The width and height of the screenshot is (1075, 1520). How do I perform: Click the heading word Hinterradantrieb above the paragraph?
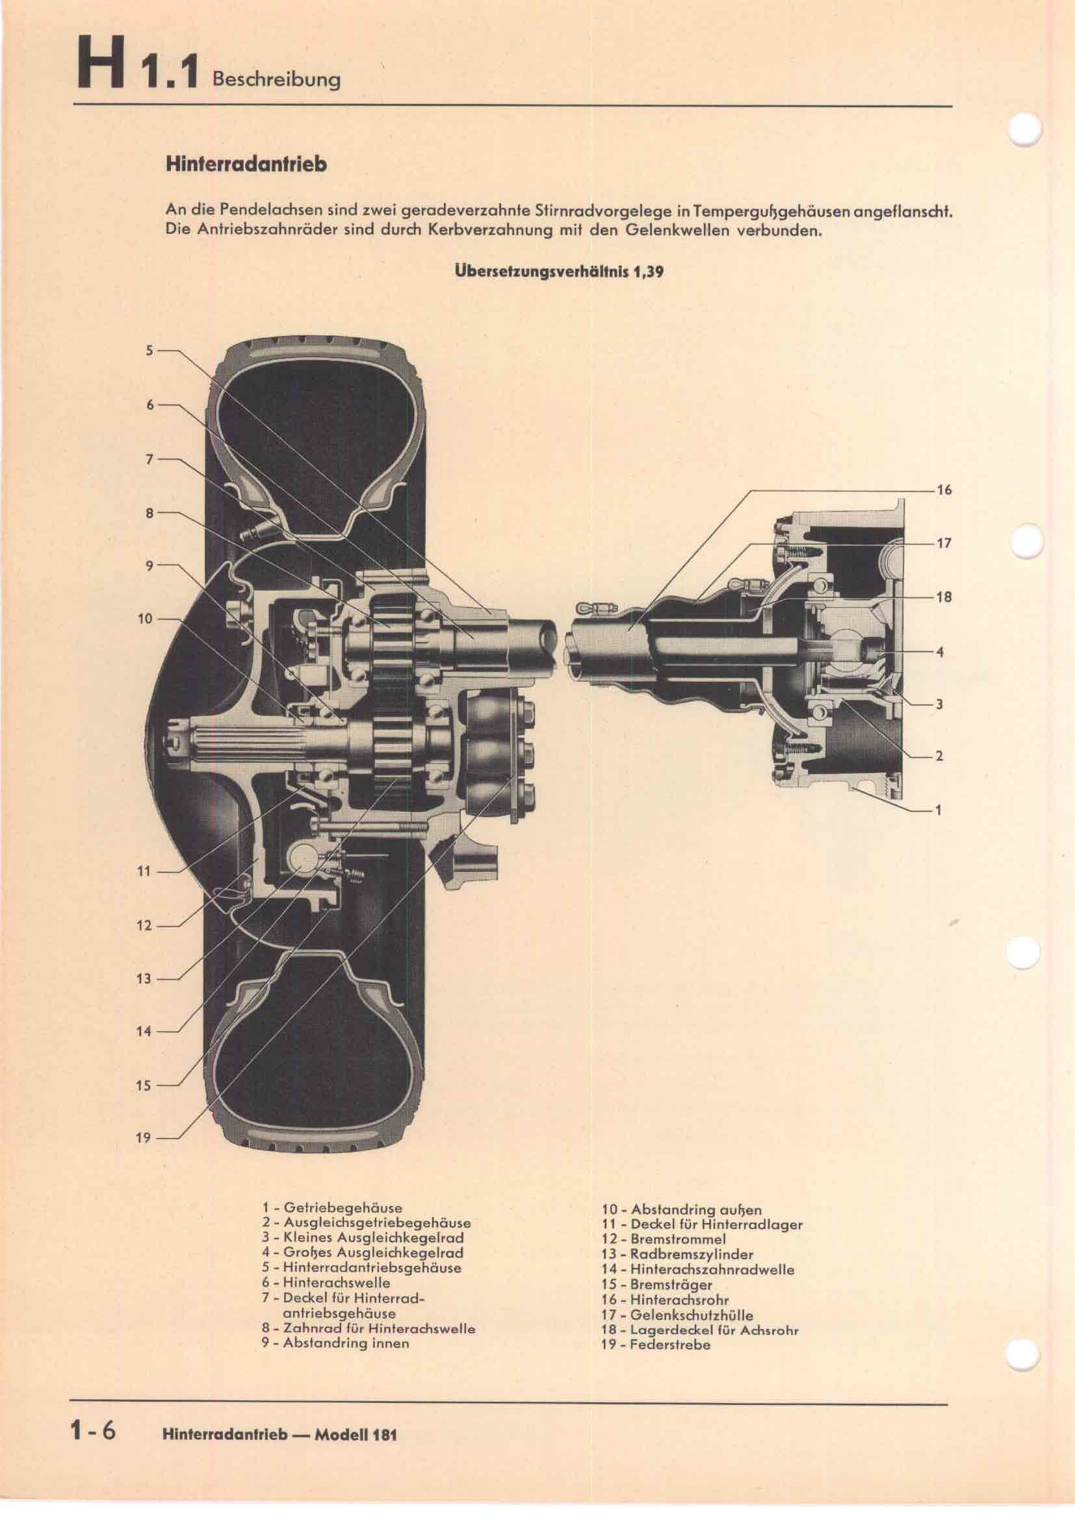(x=246, y=164)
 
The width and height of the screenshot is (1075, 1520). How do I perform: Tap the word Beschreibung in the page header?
(x=276, y=79)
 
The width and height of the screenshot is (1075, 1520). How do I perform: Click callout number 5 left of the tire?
(x=149, y=350)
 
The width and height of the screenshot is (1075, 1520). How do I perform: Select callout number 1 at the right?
(x=938, y=810)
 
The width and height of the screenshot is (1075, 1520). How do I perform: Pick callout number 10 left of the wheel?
(x=144, y=619)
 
